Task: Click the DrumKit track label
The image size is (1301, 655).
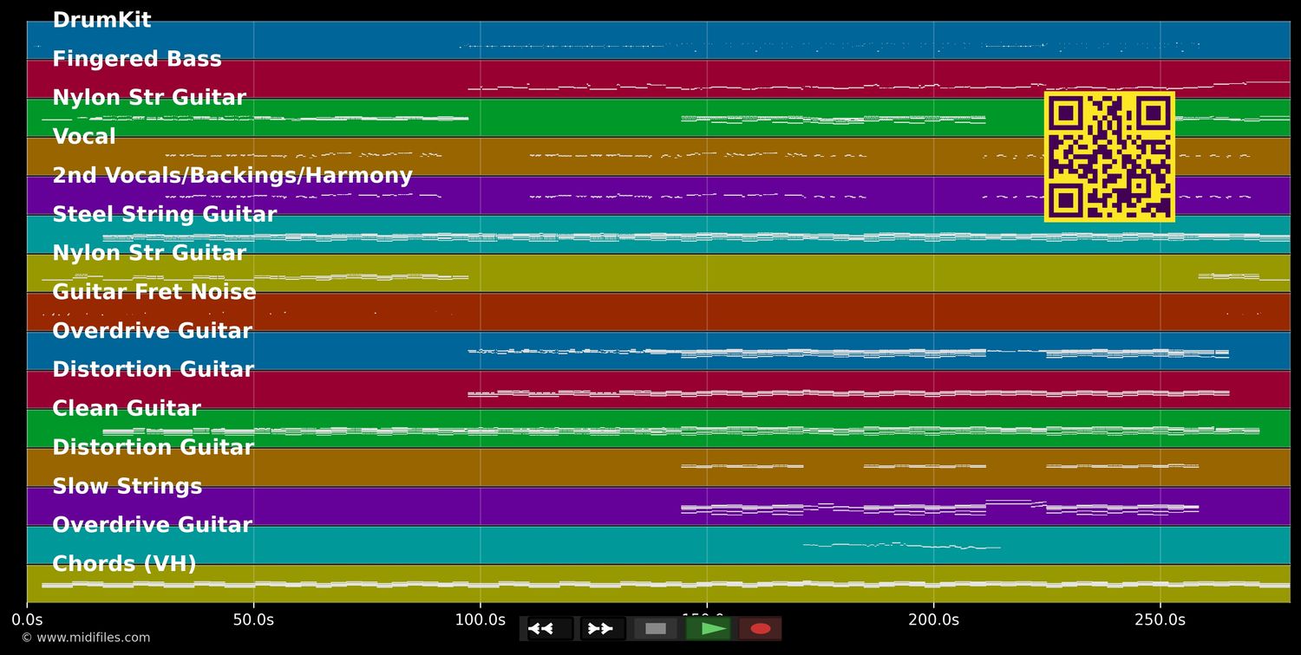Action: click(x=101, y=20)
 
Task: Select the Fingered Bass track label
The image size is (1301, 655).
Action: click(x=137, y=59)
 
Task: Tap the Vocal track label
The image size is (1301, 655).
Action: click(x=84, y=137)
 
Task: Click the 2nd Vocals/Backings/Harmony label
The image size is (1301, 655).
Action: click(x=232, y=176)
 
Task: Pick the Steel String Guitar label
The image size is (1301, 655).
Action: click(x=165, y=214)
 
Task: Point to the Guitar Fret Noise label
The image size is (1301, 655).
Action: click(x=154, y=292)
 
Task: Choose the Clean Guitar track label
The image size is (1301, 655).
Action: click(x=127, y=408)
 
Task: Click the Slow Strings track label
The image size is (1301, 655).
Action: click(x=127, y=486)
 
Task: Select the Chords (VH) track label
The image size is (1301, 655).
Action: click(x=125, y=564)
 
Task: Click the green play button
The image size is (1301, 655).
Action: click(x=709, y=629)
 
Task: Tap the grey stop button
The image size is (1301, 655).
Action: click(x=656, y=629)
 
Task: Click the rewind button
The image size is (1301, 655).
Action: click(x=550, y=629)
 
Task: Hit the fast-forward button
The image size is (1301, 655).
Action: click(x=603, y=629)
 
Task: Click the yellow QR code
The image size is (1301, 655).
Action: click(x=1109, y=157)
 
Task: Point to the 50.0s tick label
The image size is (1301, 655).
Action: click(x=253, y=619)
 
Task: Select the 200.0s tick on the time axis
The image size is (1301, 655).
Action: click(x=933, y=619)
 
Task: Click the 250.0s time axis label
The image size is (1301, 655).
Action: click(x=1160, y=619)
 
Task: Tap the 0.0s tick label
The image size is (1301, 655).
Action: click(x=27, y=619)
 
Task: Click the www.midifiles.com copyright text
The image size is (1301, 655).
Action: click(x=85, y=638)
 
